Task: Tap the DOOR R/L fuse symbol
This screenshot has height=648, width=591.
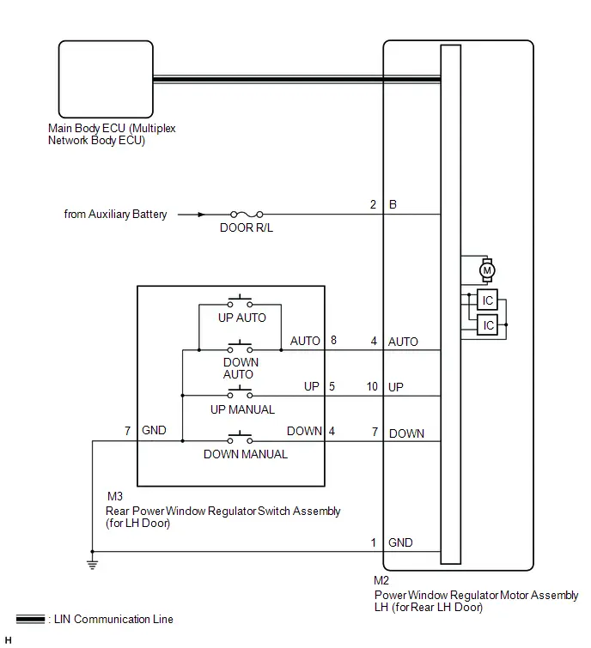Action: click(247, 215)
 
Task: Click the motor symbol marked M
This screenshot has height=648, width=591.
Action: click(487, 270)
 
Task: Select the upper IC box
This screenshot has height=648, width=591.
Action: click(487, 300)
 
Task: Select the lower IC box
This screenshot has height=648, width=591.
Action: click(487, 324)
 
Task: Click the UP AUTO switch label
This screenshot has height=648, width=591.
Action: click(242, 318)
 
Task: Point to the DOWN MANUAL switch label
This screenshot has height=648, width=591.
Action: click(246, 454)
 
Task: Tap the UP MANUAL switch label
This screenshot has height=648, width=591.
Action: click(242, 409)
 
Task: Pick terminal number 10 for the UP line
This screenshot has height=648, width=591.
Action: click(372, 386)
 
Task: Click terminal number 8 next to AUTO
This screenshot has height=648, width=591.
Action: click(333, 340)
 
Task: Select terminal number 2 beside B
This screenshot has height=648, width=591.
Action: click(373, 204)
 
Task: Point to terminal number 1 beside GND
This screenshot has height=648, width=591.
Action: click(374, 542)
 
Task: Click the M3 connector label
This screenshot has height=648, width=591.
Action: click(115, 496)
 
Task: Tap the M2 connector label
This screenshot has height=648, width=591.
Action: click(381, 581)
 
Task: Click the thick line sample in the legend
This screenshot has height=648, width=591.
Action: click(30, 619)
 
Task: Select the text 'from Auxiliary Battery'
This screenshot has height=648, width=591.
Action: click(115, 214)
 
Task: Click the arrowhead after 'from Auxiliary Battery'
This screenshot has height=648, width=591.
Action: click(201, 215)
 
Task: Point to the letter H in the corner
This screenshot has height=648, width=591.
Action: click(9, 640)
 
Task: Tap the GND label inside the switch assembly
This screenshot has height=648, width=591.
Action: click(154, 430)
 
